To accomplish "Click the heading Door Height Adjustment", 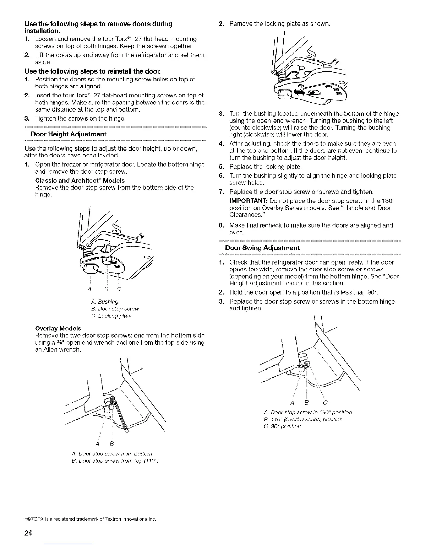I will point(69,134).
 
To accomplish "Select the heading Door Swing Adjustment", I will point(262,248).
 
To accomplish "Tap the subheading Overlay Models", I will point(58,328).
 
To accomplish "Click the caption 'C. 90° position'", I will point(282,426).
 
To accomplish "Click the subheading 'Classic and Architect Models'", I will point(80,180).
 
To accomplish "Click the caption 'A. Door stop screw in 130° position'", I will point(307,412).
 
